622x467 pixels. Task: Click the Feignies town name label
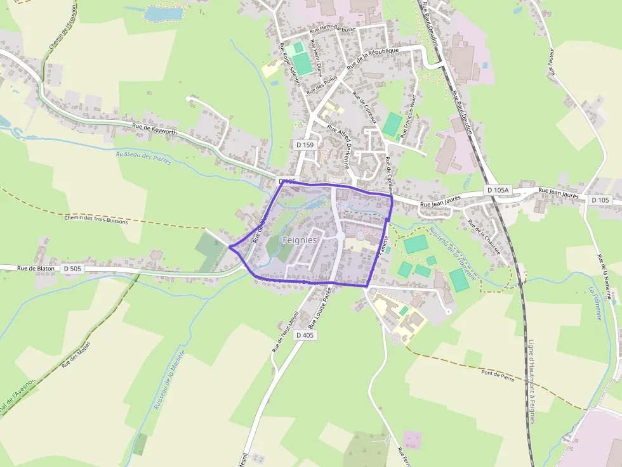coord(300,241)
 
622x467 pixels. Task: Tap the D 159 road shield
coord(305,145)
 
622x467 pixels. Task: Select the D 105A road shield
coord(497,190)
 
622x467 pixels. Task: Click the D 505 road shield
coord(72,269)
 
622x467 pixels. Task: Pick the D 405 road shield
coord(305,335)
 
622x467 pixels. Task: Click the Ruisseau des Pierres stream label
coord(143,158)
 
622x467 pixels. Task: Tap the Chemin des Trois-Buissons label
coord(96,220)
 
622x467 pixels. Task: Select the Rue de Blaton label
coord(36,268)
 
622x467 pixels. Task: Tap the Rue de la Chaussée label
coord(484,238)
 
